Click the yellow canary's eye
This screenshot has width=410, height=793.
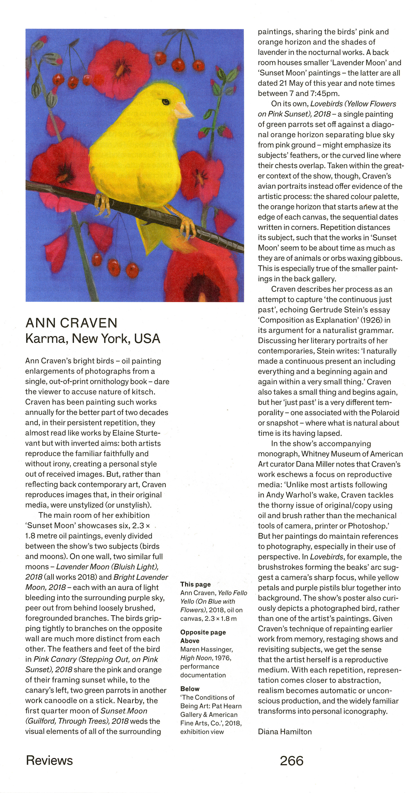[x=166, y=102]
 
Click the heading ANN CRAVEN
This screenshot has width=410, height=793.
[x=71, y=323]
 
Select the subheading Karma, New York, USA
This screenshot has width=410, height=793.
[x=93, y=339]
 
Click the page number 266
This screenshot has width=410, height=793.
[x=291, y=761]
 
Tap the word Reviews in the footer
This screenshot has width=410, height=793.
[x=50, y=761]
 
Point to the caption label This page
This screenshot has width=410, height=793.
[x=195, y=584]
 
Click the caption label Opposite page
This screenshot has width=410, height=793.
[x=203, y=632]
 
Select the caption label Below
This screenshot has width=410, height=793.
[x=190, y=689]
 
